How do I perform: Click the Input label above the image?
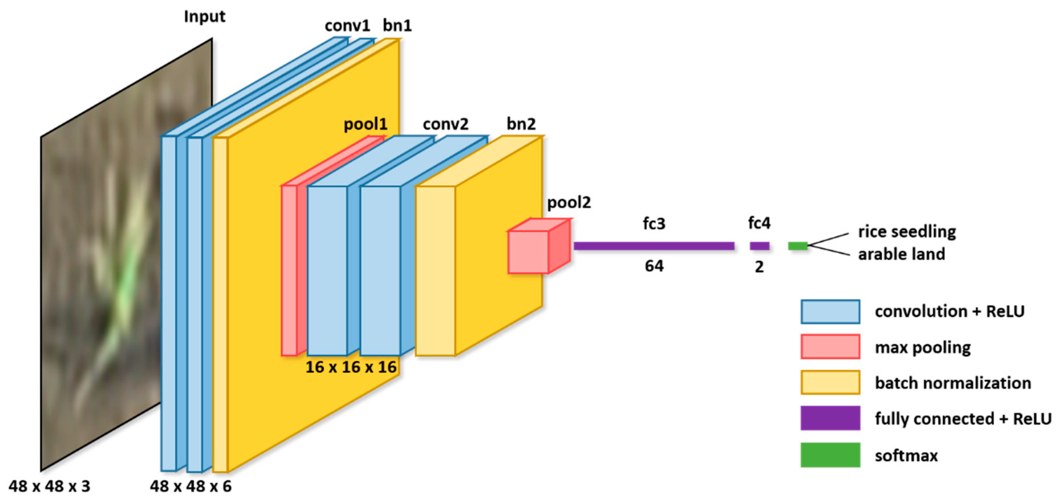(204, 17)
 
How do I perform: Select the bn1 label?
(397, 26)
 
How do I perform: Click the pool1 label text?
(365, 124)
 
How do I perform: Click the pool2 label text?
(569, 202)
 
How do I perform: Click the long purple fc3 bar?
(654, 246)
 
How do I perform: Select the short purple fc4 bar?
(759, 246)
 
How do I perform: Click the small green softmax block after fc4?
(798, 246)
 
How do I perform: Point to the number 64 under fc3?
(654, 266)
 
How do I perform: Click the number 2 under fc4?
(759, 267)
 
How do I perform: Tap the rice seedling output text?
(907, 232)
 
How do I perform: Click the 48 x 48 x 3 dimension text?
(49, 486)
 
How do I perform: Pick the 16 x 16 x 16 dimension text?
(351, 367)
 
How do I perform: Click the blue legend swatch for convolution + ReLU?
(830, 312)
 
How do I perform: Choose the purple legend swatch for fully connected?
(830, 418)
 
